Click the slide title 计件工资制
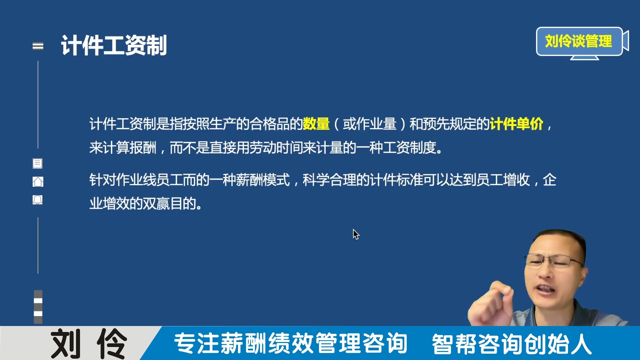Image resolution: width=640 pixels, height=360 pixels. tap(114, 45)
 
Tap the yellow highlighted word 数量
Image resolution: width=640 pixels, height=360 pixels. tap(316, 124)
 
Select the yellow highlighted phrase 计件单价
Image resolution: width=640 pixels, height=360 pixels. tap(516, 124)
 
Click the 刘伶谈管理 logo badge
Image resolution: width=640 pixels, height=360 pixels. tap(579, 41)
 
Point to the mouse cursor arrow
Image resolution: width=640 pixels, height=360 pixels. tap(355, 234)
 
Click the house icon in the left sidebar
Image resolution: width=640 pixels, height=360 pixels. tap(38, 182)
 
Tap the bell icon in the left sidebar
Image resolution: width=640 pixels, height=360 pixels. tap(37, 200)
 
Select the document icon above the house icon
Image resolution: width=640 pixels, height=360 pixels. tap(37, 163)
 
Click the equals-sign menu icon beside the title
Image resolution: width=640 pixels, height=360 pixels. tap(38, 46)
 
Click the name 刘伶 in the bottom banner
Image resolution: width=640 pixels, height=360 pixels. tap(89, 343)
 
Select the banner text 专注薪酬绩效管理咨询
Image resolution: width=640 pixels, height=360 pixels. tap(290, 343)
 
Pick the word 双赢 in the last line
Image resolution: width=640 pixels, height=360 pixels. tap(156, 204)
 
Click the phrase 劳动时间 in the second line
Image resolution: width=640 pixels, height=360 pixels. tap(276, 148)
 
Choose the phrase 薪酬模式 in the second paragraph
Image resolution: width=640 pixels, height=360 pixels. tap(263, 180)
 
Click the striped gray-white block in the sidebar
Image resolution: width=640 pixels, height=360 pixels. tap(38, 307)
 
